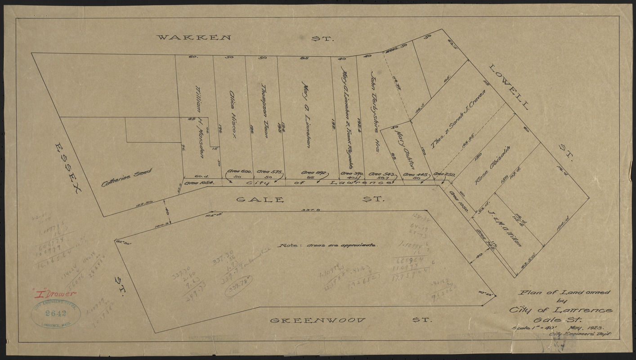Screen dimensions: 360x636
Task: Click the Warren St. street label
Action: [245, 38]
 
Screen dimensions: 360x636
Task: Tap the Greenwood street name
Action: [351, 320]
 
